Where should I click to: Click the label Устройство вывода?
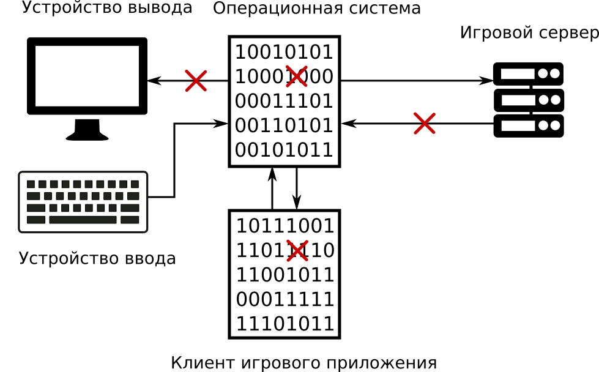107,8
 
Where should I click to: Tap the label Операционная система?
316,9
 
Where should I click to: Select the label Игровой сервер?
529,32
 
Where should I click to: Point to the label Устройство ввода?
97,258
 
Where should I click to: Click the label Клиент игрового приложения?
303,363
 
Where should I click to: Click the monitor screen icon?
87,76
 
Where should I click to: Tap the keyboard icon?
83,202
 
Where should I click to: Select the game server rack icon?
528,100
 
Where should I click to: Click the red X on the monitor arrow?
196,80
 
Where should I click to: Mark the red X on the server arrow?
424,123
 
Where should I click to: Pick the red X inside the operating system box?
296,76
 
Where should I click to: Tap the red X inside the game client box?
297,251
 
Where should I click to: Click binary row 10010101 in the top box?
285,52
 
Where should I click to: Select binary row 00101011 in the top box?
285,150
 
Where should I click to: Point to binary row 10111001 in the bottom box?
285,226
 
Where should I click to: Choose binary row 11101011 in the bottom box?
285,324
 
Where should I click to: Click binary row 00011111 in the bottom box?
285,299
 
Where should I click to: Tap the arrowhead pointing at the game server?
488,80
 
